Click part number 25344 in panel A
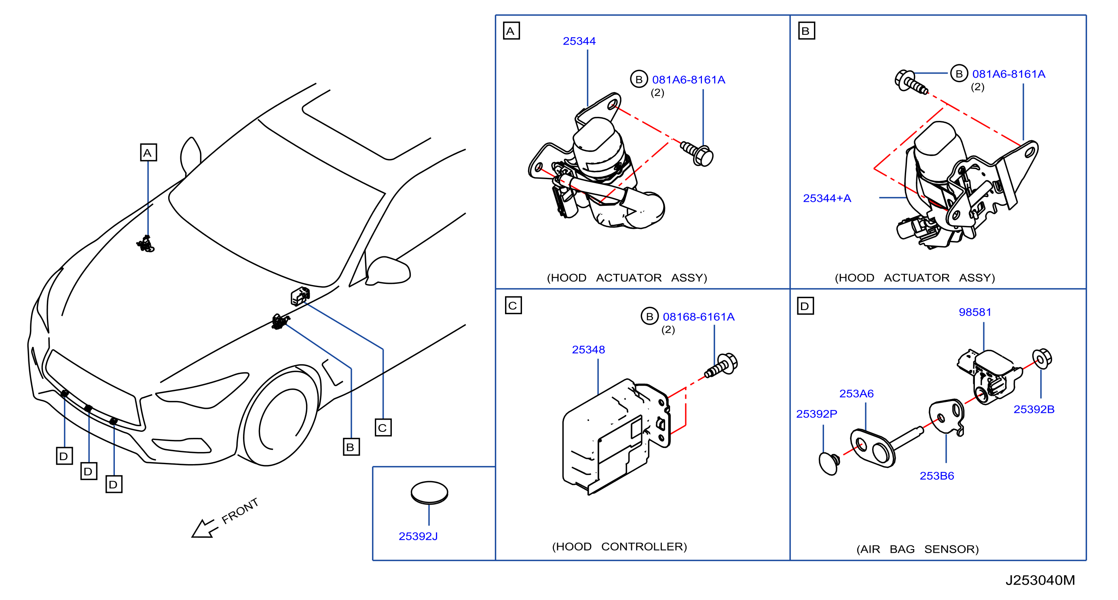coord(579,41)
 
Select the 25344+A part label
coord(827,198)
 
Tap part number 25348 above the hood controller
coord(588,350)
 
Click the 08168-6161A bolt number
coord(698,317)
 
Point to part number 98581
coord(975,312)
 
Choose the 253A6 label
coord(856,393)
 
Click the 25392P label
coord(816,414)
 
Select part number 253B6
coord(936,476)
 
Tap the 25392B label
coord(1034,409)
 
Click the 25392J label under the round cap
coord(418,536)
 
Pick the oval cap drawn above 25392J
coord(429,493)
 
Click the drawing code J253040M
coord(1040,580)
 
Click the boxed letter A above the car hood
coord(148,153)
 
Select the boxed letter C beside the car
coord(383,427)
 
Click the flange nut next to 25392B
coord(1042,359)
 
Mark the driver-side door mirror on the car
coord(388,271)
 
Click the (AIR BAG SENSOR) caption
coord(917,549)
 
